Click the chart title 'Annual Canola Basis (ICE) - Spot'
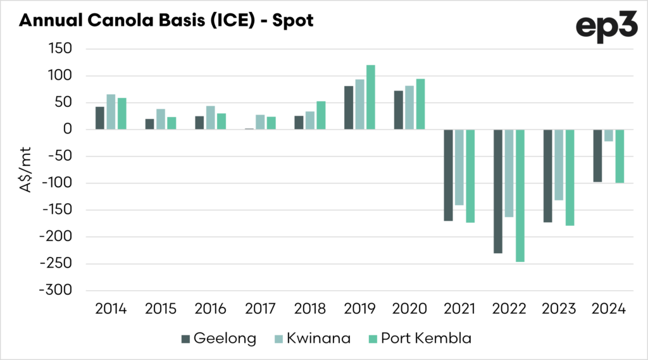166,20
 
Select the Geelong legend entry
219,338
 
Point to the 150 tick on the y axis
60,49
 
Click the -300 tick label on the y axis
55,290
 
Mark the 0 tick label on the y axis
70,130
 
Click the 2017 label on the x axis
260,309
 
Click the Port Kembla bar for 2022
520,196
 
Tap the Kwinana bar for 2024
609,135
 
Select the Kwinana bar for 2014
111,112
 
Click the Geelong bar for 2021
448,175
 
